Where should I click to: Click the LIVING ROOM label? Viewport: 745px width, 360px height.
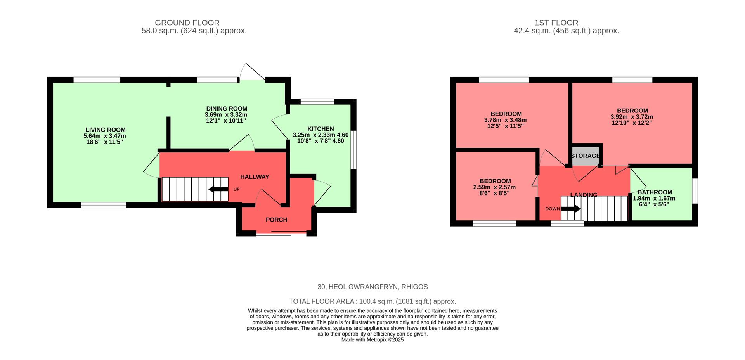[105, 130]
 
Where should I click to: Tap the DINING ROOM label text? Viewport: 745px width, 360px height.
[227, 109]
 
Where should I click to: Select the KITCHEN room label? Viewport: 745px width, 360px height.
[321, 129]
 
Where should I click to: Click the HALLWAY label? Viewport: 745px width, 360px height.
[255, 177]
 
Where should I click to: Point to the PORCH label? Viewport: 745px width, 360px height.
[276, 220]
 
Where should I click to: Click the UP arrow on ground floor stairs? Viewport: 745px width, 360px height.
[218, 189]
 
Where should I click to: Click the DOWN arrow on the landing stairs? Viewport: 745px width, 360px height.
[571, 209]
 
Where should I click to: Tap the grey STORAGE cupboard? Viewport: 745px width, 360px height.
[585, 156]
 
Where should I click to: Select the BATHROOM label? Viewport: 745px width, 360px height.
[655, 192]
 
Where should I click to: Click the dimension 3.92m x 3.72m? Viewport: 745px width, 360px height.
[631, 117]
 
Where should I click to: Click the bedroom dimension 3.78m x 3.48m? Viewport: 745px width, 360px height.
[506, 120]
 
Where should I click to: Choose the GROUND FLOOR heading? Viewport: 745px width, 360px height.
[187, 23]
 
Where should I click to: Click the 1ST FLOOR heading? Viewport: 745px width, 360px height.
[567, 23]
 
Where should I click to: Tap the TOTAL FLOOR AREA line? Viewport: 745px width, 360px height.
[372, 301]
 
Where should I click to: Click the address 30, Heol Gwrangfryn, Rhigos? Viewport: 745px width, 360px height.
[372, 287]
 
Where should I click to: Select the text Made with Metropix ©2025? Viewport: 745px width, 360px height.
[372, 340]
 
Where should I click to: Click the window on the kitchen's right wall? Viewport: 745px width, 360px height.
[353, 150]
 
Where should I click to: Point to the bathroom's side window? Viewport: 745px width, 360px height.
[695, 190]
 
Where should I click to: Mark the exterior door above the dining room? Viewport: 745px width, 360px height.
[251, 74]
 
